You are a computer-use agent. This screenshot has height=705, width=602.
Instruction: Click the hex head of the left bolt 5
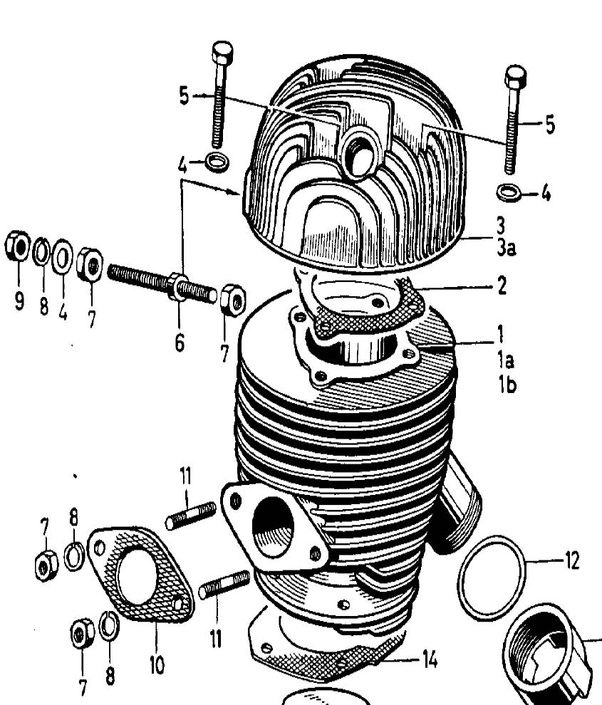click(222, 53)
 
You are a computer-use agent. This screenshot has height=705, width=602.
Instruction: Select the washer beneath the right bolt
click(507, 192)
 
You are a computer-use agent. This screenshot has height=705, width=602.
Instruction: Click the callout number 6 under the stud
click(179, 342)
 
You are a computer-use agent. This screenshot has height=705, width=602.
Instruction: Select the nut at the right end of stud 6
click(232, 299)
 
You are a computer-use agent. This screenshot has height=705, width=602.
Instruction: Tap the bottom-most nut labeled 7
click(83, 634)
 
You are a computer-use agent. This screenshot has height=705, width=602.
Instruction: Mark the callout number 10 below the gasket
click(156, 665)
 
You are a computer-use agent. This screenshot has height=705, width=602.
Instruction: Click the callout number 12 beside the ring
click(571, 560)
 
